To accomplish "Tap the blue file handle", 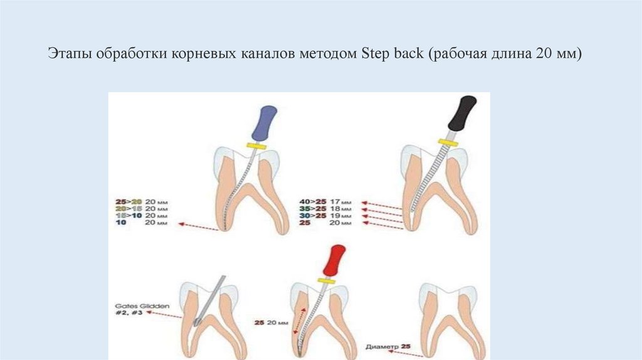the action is point(264,123).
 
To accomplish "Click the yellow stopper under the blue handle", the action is point(256,146).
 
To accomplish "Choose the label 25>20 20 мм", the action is point(142,201).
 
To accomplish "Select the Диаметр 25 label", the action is point(389,345).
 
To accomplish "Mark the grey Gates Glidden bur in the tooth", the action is point(210,301).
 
